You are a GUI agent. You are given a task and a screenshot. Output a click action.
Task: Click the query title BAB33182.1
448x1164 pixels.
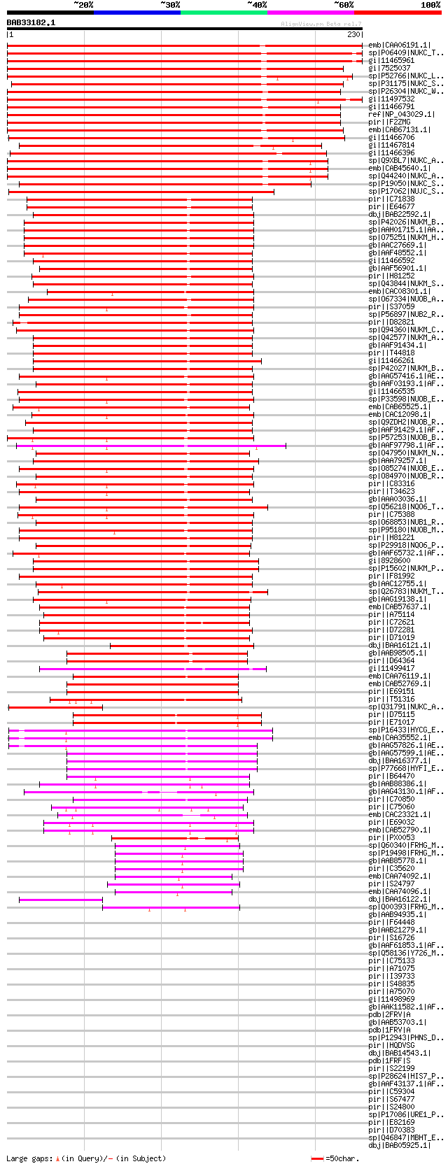pyautogui.click(x=31, y=22)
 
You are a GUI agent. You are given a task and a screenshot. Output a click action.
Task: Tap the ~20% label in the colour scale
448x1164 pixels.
pyautogui.click(x=83, y=5)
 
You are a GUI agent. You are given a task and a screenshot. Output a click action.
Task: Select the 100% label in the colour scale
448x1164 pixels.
pyautogui.click(x=430, y=5)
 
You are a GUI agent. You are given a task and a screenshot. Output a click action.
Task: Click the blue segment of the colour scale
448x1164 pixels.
pyautogui.click(x=136, y=12)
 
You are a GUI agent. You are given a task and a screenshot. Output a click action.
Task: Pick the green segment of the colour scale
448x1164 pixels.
pyautogui.click(x=223, y=12)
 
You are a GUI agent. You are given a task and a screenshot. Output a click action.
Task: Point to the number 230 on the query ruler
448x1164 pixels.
pyautogui.click(x=353, y=34)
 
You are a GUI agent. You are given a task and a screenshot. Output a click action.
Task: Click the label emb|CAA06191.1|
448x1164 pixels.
pyautogui.click(x=400, y=45)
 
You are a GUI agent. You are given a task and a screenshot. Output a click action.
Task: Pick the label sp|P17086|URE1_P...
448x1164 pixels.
pyautogui.click(x=406, y=1114)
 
